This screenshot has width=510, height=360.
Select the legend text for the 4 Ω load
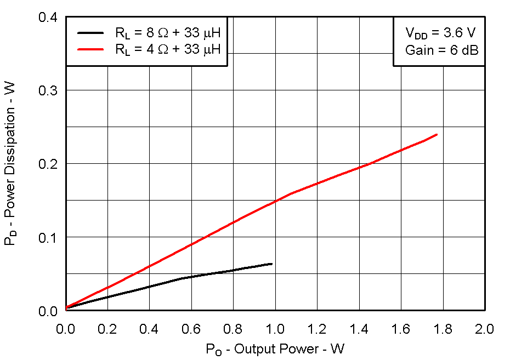click(168, 49)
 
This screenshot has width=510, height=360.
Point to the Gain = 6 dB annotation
click(442, 50)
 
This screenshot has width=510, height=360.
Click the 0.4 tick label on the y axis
click(48, 17)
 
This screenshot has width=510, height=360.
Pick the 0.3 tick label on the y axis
click(48, 90)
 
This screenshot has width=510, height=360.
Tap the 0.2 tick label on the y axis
click(48, 164)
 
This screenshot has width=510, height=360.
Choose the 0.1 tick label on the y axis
click(48, 237)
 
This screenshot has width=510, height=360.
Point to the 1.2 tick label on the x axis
click(317, 329)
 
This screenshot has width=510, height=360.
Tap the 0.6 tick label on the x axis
click(191, 329)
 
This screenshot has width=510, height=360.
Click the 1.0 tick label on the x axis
click(275, 329)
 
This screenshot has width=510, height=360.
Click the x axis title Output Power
click(275, 349)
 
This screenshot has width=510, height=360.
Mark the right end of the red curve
click(437, 134)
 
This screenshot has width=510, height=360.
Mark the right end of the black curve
click(271, 264)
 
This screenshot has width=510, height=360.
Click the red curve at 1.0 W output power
click(275, 202)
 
